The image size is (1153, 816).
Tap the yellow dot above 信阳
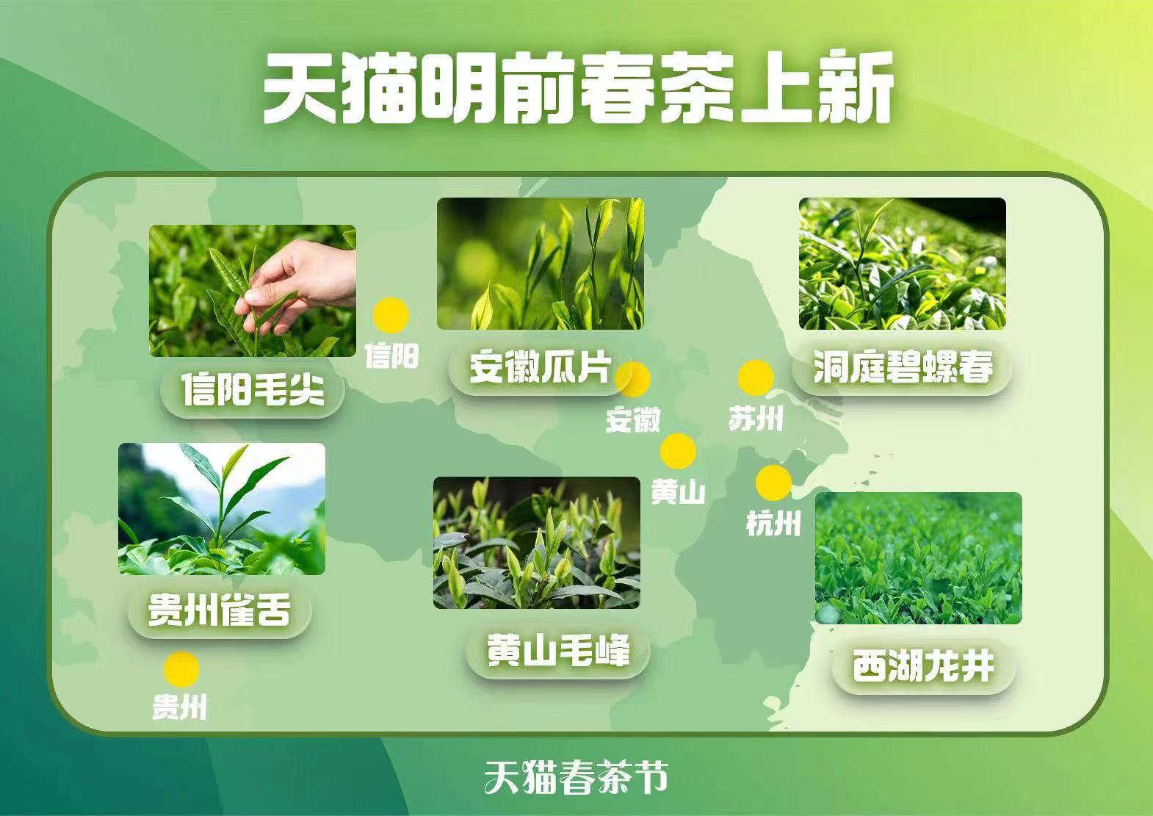point(391,314)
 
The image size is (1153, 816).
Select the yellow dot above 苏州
point(756,378)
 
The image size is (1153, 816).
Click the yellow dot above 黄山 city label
point(679,452)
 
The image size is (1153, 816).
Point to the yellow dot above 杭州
point(773,483)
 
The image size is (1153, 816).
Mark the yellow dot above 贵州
point(181,669)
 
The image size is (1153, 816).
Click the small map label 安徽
point(632,419)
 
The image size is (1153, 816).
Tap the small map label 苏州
point(756,418)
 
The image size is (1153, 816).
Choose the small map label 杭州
point(773,524)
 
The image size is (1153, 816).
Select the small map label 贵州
point(180,707)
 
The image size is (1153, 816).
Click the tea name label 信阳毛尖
point(252,390)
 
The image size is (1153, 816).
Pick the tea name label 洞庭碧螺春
point(902,367)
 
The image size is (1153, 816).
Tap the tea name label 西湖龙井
point(923,666)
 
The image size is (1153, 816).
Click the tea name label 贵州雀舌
point(220,611)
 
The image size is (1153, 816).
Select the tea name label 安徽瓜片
point(540,367)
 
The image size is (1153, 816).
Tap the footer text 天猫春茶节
point(576,777)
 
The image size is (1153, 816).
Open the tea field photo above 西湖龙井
point(918,558)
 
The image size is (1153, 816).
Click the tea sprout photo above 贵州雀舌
point(222,509)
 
